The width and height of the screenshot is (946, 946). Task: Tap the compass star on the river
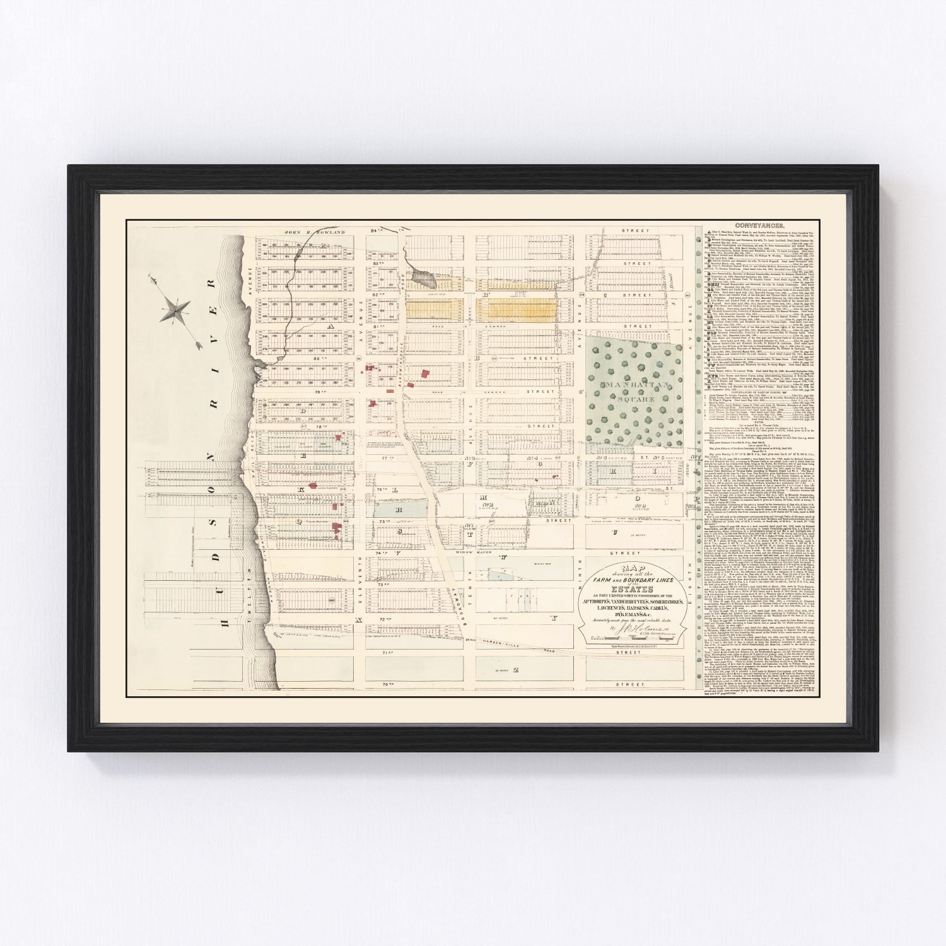[x=177, y=310]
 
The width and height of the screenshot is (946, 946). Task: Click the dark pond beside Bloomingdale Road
[x=419, y=274]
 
